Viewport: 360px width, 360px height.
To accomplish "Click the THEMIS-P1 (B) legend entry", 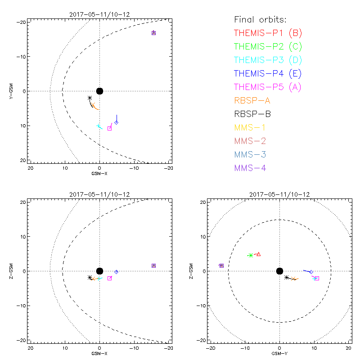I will coord(268,33).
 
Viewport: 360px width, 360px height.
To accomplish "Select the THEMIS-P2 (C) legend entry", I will coord(268,46).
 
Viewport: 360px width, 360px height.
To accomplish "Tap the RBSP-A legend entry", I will coord(252,100).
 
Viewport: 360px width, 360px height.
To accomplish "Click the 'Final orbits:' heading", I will coord(260,19).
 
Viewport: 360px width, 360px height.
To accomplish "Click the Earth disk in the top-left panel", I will coord(99,91).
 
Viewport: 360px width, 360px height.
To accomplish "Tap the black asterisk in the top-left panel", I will coord(90,98).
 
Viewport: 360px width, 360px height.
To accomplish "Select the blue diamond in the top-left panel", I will coord(116,122).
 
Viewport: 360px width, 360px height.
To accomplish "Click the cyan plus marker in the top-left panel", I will coord(98,126).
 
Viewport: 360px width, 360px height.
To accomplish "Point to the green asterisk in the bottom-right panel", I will coord(251,255).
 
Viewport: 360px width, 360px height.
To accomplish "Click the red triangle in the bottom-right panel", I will coord(258,254).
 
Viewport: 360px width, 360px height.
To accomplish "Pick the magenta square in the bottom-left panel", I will coord(109,278).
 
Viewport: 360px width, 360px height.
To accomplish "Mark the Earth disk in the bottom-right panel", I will coord(279,271).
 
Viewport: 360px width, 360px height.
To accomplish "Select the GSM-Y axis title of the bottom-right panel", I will coord(279,353).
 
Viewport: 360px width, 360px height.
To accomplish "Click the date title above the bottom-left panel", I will coord(99,194).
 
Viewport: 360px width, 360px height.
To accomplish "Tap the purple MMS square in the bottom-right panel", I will coord(221,265).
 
